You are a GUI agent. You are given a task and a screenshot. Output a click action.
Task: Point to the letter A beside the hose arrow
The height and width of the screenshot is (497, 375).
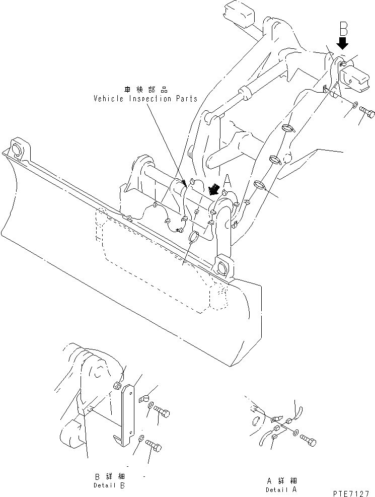tap(227, 180)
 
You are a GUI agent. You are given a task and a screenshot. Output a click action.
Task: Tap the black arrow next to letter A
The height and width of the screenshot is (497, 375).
tap(214, 190)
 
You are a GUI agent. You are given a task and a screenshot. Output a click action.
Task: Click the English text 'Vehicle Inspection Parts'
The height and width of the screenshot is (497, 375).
tap(145, 99)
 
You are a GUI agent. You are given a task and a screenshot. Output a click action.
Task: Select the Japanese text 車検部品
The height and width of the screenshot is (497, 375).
tap(145, 90)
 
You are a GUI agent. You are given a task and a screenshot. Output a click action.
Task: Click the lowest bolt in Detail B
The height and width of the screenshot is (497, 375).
tap(155, 446)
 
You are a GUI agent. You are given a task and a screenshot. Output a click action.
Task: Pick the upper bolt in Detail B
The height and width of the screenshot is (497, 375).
tap(162, 412)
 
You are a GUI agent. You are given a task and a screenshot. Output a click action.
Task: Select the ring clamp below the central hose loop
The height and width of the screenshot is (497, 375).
tap(193, 237)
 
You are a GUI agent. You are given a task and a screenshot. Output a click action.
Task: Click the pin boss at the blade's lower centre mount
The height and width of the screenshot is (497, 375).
tap(222, 266)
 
